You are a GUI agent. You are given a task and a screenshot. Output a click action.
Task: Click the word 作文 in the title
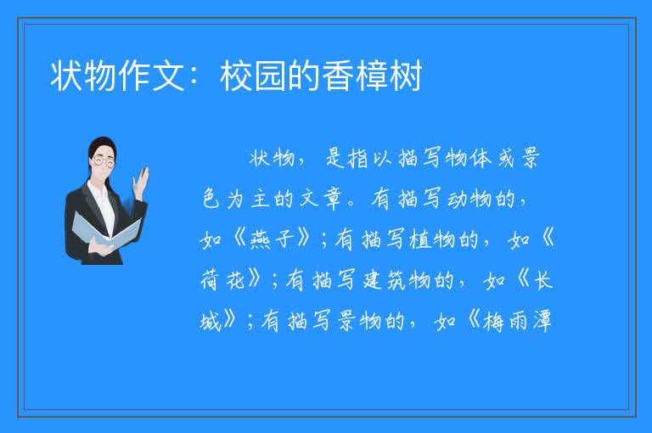point(151,76)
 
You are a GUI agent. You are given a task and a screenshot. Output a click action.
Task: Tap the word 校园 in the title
point(253,76)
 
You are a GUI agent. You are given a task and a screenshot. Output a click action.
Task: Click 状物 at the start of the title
point(84,76)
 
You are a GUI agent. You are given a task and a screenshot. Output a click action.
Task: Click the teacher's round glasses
point(103,161)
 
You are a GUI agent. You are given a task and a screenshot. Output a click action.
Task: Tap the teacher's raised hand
point(142,183)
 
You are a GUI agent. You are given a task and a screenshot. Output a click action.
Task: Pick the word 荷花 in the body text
point(222,280)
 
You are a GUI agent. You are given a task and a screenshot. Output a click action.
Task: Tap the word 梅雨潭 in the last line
point(517,321)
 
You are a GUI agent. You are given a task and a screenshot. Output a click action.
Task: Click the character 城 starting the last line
point(211,321)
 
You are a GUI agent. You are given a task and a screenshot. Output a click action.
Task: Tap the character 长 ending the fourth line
point(542,280)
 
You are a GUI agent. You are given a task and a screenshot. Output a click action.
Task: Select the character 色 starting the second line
point(211,199)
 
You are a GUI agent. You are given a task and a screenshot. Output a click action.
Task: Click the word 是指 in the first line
point(346,158)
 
